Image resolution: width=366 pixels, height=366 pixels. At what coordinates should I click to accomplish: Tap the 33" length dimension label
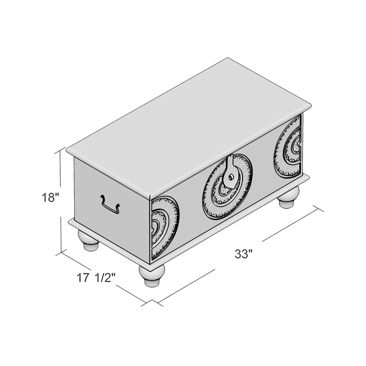[244, 254]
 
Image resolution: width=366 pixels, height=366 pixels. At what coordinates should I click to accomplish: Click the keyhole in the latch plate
[231, 177]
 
